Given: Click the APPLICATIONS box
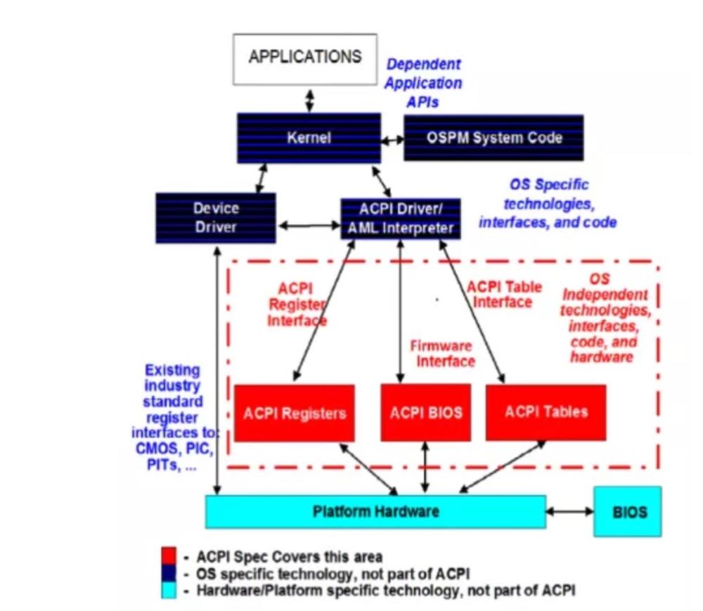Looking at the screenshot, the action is click(x=305, y=59).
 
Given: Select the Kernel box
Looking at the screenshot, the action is click(x=309, y=138).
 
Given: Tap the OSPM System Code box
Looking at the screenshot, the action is click(x=494, y=138).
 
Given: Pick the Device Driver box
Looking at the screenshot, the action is click(x=216, y=218).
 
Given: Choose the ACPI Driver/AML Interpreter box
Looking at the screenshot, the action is click(x=401, y=219).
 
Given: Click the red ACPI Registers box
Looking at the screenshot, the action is click(x=294, y=413).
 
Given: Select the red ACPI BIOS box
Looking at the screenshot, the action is click(x=425, y=413).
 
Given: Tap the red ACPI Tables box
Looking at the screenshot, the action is click(x=546, y=412).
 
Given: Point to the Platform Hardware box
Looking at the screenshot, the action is click(x=375, y=511).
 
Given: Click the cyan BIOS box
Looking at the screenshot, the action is click(x=627, y=511).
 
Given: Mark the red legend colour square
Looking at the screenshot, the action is click(x=169, y=555).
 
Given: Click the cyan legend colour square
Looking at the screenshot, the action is click(x=169, y=590).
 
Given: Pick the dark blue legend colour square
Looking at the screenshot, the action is click(x=169, y=573).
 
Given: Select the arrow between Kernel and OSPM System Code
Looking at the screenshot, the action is click(x=392, y=141).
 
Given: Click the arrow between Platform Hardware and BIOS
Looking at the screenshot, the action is click(x=570, y=511).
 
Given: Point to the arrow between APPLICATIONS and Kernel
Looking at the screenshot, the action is click(x=309, y=101).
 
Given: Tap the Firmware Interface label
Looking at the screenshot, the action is click(x=442, y=354).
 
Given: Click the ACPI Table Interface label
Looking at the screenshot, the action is click(x=504, y=295).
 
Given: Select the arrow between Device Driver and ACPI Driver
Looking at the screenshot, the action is click(x=309, y=226).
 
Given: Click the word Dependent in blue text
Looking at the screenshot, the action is click(x=423, y=64).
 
